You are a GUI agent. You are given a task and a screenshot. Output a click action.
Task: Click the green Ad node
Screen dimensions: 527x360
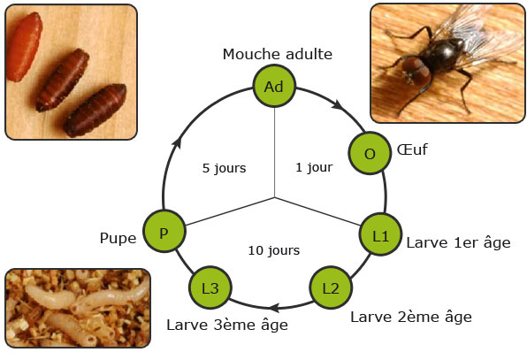(x=274, y=86)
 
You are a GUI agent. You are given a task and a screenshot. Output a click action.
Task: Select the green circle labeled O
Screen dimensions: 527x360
(x=370, y=153)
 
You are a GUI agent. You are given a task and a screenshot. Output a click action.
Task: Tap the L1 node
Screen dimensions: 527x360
(x=381, y=234)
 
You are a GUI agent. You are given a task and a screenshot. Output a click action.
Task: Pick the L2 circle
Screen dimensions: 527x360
(x=331, y=287)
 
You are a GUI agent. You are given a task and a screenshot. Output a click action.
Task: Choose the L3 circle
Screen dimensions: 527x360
(x=210, y=287)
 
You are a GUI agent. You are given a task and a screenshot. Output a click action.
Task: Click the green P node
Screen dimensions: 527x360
(x=164, y=231)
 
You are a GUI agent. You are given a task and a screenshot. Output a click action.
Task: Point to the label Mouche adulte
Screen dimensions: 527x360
(x=278, y=54)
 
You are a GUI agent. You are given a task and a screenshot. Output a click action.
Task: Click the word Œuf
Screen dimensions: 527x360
(x=412, y=149)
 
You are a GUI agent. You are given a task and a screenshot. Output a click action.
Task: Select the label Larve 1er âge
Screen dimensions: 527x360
(x=458, y=242)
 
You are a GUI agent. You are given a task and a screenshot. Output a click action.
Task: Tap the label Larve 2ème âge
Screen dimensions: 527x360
(x=411, y=317)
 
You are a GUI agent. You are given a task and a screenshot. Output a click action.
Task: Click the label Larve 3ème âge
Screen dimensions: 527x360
(x=227, y=325)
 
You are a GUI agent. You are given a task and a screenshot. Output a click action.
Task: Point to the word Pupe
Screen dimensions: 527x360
(x=118, y=239)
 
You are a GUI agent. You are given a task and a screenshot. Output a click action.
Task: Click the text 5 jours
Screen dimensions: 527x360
(x=225, y=168)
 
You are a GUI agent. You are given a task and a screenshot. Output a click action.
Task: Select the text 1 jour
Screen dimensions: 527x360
(x=314, y=167)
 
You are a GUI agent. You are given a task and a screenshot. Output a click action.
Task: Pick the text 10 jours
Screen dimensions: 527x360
(x=274, y=250)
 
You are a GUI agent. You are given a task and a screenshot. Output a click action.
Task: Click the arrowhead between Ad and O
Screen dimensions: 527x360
(x=338, y=104)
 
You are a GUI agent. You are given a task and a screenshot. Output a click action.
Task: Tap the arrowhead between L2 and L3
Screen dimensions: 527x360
(x=275, y=308)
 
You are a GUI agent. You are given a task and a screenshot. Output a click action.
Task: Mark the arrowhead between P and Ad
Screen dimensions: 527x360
(x=177, y=142)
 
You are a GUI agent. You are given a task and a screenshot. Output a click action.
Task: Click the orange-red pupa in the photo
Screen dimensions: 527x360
(x=24, y=47)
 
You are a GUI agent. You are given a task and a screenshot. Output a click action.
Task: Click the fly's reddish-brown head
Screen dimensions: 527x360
(x=416, y=70)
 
